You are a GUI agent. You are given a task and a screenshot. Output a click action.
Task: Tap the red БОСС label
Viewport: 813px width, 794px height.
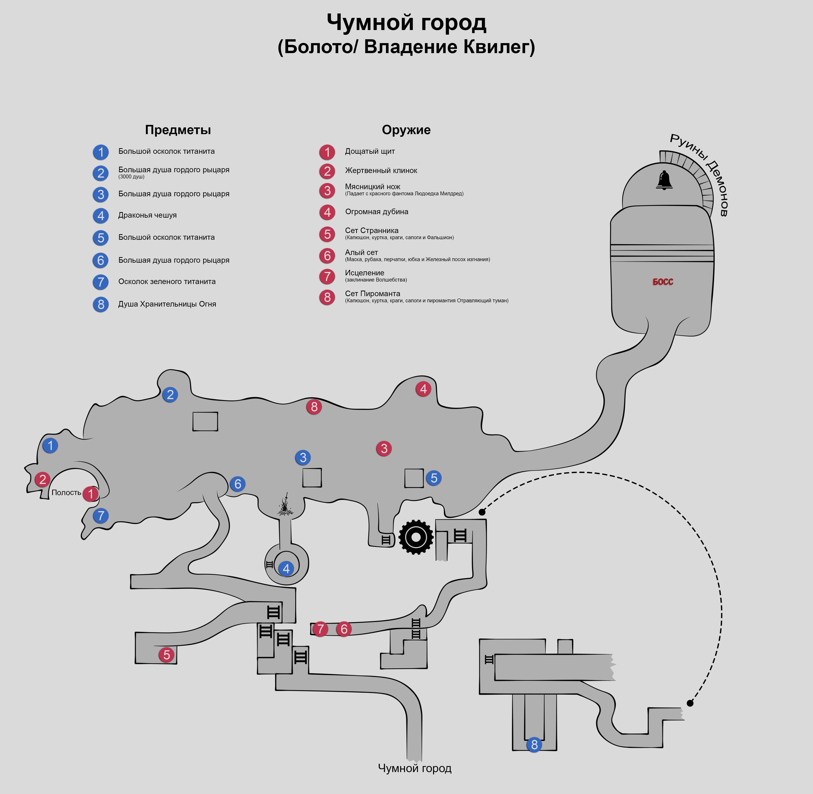[x=663, y=282]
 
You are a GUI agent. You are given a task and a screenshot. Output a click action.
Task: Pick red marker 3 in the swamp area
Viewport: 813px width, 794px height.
[x=384, y=449]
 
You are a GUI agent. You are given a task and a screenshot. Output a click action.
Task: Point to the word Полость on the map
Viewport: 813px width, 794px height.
[x=66, y=492]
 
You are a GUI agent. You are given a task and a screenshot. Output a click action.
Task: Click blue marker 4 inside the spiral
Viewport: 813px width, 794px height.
[x=286, y=568]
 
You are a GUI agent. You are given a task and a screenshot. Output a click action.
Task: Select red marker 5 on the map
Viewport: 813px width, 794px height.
[x=166, y=655]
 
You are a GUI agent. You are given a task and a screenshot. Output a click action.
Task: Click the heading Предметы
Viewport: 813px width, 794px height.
[x=178, y=130]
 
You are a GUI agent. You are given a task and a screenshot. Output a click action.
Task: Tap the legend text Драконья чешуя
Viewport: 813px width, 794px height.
[x=147, y=215]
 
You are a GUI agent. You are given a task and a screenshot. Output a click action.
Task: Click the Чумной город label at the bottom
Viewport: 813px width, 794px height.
[x=415, y=768]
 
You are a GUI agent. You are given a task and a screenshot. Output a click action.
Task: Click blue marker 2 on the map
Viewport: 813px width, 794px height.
[x=170, y=394]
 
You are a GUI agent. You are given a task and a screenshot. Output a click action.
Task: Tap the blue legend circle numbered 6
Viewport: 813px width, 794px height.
[x=100, y=260]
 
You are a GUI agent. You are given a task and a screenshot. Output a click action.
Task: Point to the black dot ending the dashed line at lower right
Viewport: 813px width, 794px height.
[x=690, y=703]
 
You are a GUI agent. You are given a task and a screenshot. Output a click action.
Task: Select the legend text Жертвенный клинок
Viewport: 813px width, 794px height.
[x=381, y=171]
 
